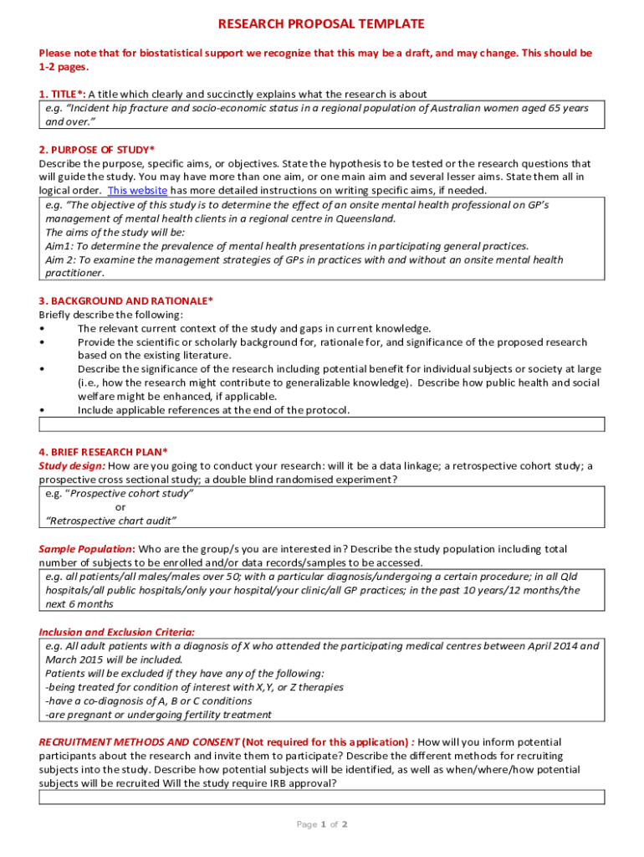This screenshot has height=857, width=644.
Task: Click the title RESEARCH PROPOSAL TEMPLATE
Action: pos(321,24)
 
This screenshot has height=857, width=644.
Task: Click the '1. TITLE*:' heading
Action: pos(61,95)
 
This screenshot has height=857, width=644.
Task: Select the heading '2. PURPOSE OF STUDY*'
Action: pos(96,150)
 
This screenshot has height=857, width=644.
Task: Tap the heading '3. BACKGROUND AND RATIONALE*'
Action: pos(125,300)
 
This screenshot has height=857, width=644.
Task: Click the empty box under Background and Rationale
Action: pos(322,424)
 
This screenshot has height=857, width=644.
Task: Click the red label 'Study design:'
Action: pos(72,465)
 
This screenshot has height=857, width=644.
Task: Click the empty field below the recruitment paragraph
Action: pos(322,797)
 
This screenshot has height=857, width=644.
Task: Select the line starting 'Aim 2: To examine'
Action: pos(304,259)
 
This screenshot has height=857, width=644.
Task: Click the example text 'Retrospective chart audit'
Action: pos(111,521)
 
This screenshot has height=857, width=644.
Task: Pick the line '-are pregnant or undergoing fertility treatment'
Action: pos(158,715)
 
